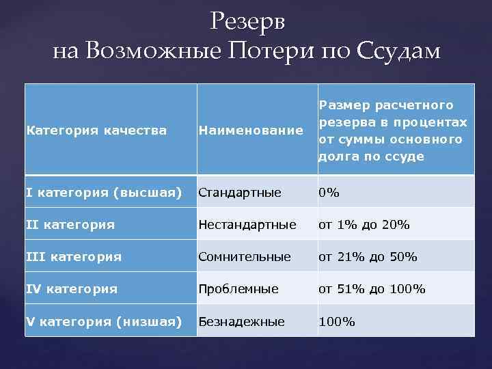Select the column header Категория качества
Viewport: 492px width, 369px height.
point(96,130)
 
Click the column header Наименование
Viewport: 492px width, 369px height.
point(251,130)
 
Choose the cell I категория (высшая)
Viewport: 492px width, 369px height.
point(104,193)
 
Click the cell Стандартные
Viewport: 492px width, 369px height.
point(240,193)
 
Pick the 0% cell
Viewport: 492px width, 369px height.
point(329,193)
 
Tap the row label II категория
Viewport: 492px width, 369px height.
point(71,224)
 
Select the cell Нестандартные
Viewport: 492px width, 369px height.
point(247,224)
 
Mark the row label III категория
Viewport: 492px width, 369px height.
point(74,257)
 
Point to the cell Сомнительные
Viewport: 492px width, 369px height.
point(245,257)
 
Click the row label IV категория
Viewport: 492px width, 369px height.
point(72,289)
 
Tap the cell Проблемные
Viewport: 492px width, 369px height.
point(239,289)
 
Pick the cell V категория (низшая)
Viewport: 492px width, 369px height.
point(104,321)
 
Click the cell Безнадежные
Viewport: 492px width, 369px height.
point(241,321)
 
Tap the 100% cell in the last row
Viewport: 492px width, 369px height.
point(336,321)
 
